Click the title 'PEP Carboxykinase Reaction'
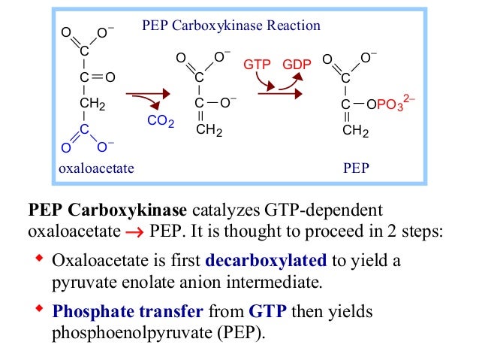231,26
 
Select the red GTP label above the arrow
258,65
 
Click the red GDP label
297,65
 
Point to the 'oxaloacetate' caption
96,168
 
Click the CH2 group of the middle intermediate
209,130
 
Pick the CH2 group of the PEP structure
355,132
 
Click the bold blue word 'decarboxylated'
266,261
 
